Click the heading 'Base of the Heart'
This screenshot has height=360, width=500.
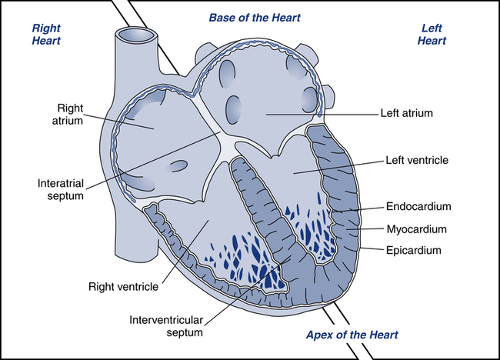tap(255, 18)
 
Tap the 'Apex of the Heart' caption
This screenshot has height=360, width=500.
tap(352, 335)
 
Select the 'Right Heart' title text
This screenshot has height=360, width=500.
tap(46, 34)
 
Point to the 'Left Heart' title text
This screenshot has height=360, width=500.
tap(432, 34)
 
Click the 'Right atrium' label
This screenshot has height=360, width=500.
tap(68, 114)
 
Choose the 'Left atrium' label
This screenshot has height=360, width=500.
tap(407, 113)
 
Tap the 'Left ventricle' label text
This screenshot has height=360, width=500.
tap(417, 160)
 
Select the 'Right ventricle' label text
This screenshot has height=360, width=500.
tap(123, 287)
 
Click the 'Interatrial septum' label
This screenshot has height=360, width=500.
tap(61, 189)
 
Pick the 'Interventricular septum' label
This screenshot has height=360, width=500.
tap(166, 326)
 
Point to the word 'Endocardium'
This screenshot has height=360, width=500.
tap(418, 206)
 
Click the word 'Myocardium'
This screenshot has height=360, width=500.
tap(416, 229)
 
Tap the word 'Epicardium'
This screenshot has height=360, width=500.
tap(414, 250)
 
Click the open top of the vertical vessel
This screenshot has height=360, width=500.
tap(136, 35)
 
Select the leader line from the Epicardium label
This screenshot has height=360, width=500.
tap(372, 248)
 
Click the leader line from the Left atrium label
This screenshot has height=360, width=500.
tap(322, 114)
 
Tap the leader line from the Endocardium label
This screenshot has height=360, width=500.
tap(357, 210)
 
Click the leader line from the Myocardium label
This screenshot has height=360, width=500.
tap(365, 228)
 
